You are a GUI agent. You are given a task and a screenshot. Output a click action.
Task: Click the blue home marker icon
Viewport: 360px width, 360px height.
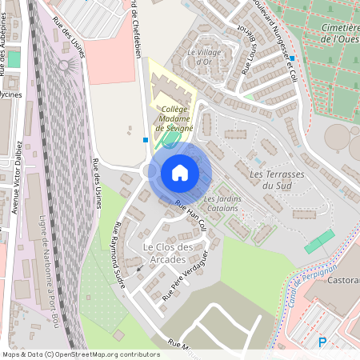(x=179, y=173)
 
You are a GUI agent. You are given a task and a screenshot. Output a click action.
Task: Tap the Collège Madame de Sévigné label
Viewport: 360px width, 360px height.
(x=170, y=118)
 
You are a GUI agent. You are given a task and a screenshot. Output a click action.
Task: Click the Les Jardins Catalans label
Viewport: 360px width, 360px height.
(x=222, y=203)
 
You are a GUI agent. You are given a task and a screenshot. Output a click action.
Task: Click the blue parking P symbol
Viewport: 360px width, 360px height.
(x=322, y=342)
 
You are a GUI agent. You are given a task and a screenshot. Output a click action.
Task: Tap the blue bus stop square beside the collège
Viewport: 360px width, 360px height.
(x=145, y=139)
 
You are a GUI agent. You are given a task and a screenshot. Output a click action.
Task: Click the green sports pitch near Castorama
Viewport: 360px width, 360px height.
(x=320, y=241)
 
